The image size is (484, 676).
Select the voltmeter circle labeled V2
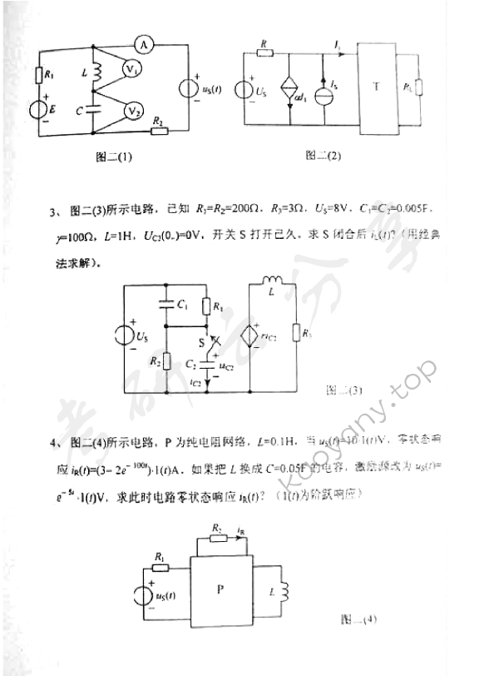[x=131, y=110]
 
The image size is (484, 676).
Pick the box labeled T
[x=376, y=87]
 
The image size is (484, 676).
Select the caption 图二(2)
[x=323, y=155]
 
